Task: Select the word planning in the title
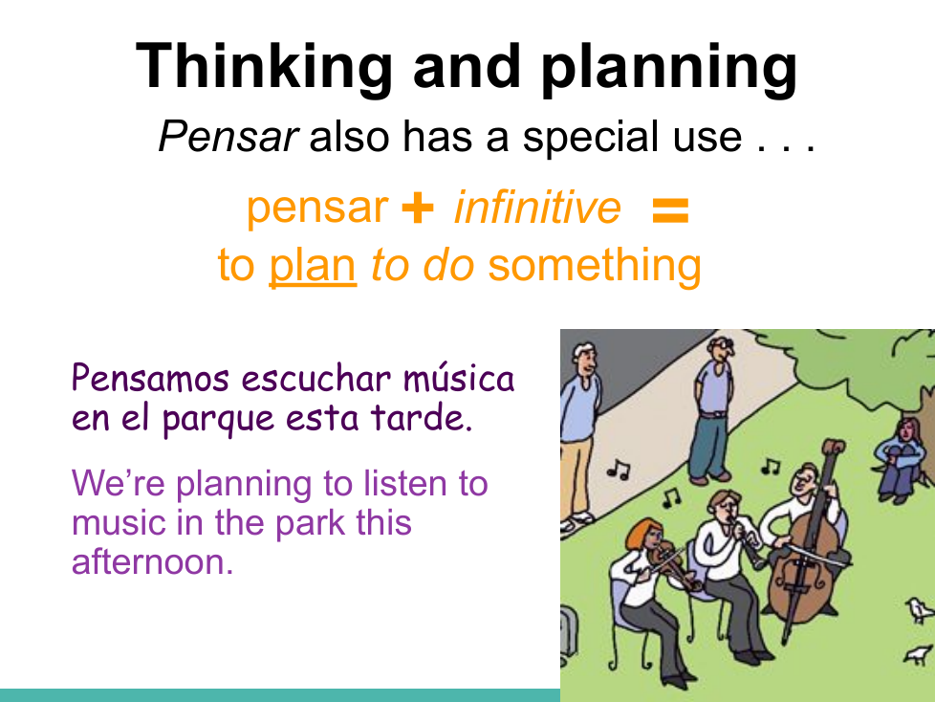click(669, 67)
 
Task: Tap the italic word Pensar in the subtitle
click(228, 137)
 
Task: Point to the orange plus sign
click(418, 208)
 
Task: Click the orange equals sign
click(671, 210)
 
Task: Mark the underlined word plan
click(313, 266)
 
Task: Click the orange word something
click(595, 265)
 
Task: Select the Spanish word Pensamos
click(150, 378)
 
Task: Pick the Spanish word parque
click(218, 419)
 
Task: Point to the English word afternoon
click(152, 561)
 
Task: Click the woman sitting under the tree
click(901, 458)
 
